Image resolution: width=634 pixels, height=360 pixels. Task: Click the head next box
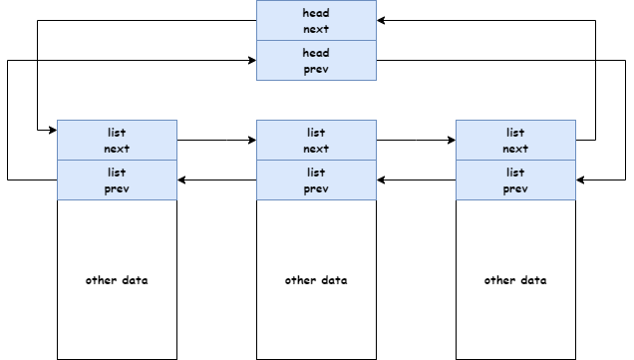pyautogui.click(x=316, y=21)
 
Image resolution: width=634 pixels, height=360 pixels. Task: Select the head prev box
pyautogui.click(x=316, y=61)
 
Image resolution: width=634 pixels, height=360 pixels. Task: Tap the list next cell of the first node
pyautogui.click(x=117, y=140)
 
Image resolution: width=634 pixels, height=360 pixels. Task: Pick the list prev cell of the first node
pyautogui.click(x=117, y=180)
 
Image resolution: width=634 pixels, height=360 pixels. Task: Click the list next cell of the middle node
pyautogui.click(x=316, y=140)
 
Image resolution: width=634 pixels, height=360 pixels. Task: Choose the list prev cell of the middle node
pyautogui.click(x=316, y=180)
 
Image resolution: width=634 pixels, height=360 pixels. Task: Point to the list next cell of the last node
pyautogui.click(x=515, y=140)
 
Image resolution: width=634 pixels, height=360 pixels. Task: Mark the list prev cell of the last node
pyautogui.click(x=515, y=180)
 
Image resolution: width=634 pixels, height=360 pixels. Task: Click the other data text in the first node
pyautogui.click(x=117, y=280)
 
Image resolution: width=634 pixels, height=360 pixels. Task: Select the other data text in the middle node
pyautogui.click(x=316, y=280)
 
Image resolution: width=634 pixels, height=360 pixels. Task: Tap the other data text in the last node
pyautogui.click(x=515, y=280)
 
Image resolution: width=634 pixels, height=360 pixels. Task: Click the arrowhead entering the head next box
pyautogui.click(x=382, y=20)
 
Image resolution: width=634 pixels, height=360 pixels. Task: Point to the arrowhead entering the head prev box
pyautogui.click(x=251, y=60)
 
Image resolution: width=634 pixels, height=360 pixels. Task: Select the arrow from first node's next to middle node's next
pyautogui.click(x=216, y=140)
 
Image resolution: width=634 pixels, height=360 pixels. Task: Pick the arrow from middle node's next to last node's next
pyautogui.click(x=416, y=140)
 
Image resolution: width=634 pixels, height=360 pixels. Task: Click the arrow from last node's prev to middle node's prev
pyautogui.click(x=416, y=180)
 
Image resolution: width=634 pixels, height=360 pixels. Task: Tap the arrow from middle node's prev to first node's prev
pyautogui.click(x=216, y=180)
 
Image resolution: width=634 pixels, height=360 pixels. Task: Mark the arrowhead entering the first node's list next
pyautogui.click(x=52, y=131)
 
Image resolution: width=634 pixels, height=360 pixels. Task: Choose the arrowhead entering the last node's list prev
pyautogui.click(x=581, y=180)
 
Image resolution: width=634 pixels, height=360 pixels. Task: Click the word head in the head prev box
pyautogui.click(x=316, y=53)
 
